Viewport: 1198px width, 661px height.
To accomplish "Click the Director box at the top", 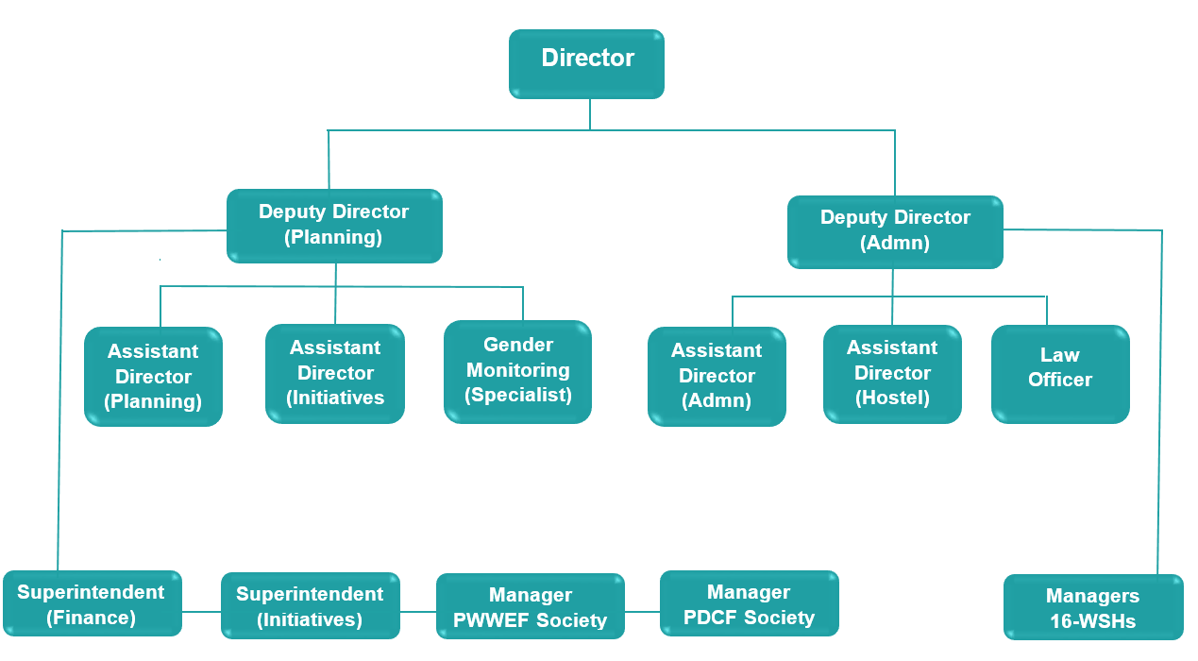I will (x=586, y=64).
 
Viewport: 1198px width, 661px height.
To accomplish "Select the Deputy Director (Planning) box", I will (x=334, y=226).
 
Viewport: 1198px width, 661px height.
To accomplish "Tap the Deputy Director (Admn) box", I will (x=895, y=231).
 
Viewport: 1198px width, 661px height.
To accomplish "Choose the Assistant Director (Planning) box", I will (x=153, y=377).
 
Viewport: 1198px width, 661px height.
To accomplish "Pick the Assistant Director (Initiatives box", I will (x=335, y=373).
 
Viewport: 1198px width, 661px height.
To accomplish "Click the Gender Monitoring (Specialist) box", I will (x=517, y=371).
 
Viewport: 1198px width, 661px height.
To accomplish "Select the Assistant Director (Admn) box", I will (x=717, y=376).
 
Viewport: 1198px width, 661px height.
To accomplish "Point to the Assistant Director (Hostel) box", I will (x=892, y=374).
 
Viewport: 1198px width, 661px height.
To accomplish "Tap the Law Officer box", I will (x=1060, y=374).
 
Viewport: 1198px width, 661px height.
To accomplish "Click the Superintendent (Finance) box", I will (x=92, y=604).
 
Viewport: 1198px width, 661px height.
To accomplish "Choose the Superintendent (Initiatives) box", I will (x=310, y=606).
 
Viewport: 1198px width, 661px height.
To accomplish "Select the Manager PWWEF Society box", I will (x=530, y=607).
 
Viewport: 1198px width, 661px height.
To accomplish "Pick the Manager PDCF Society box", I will (x=749, y=604).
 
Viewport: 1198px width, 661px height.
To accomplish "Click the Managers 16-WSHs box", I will (x=1092, y=608).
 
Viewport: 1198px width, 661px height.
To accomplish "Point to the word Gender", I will (x=518, y=345).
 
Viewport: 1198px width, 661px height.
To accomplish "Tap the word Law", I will (x=1059, y=355).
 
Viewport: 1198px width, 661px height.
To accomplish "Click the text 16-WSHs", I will (x=1092, y=621).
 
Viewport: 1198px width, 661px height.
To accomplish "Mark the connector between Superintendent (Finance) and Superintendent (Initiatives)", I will (x=201, y=611).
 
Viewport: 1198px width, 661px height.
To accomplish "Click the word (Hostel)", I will (x=892, y=398).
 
